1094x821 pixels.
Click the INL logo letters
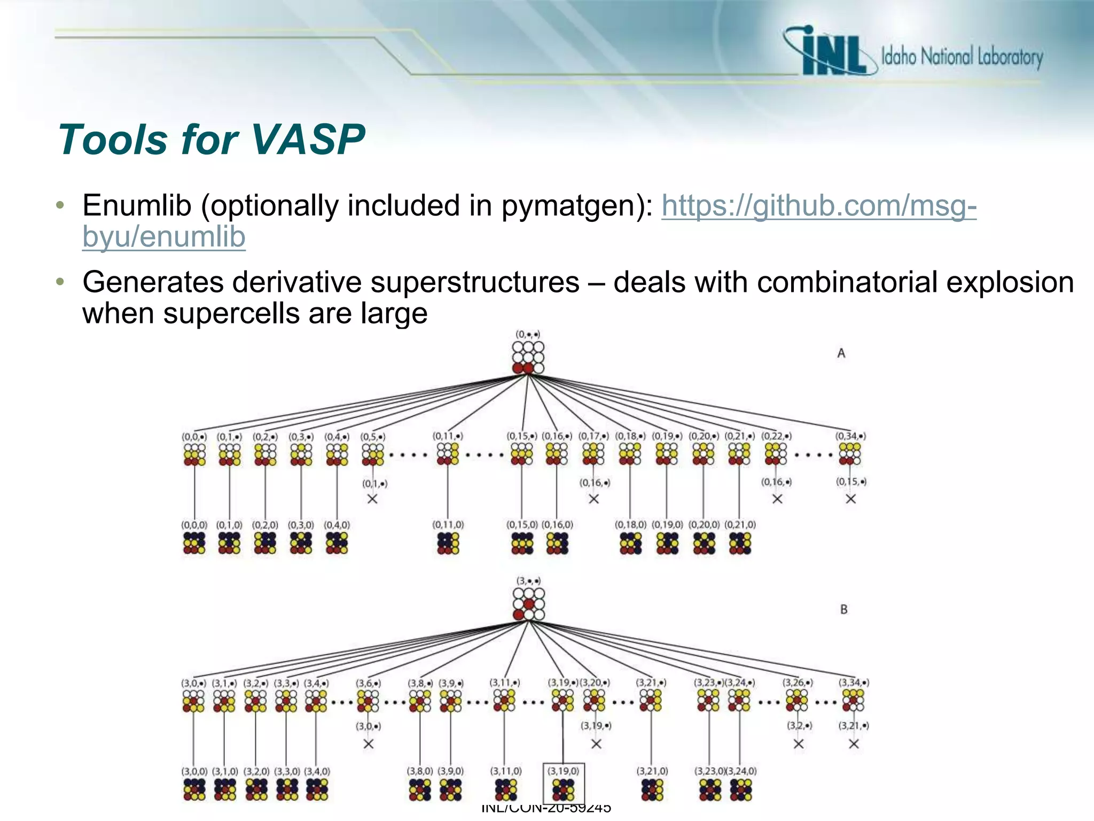(833, 53)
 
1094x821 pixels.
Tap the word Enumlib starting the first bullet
(137, 206)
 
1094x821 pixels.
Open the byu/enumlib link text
(163, 237)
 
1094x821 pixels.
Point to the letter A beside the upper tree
(841, 353)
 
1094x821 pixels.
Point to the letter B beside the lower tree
(843, 609)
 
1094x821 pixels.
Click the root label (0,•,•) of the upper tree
(527, 335)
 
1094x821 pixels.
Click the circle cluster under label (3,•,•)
(528, 604)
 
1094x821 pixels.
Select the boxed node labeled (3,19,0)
(563, 783)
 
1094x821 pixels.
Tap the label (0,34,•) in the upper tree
(850, 436)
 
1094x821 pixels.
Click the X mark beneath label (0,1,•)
(372, 499)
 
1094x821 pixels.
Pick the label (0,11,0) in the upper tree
(448, 525)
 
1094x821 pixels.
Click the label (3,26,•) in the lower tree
(798, 683)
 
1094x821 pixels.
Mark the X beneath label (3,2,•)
(798, 744)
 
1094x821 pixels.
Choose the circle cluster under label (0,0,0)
(194, 543)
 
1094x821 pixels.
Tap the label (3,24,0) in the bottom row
(741, 771)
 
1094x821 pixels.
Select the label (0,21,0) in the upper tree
(740, 525)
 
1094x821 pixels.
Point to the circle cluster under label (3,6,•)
(368, 701)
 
